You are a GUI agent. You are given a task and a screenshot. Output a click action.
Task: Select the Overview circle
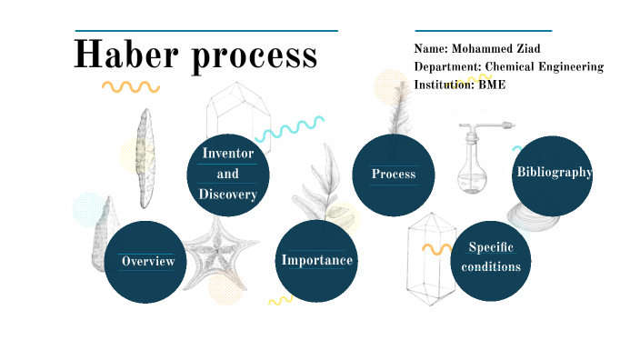[x=147, y=261]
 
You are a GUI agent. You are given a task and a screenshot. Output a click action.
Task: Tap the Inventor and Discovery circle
[x=228, y=174]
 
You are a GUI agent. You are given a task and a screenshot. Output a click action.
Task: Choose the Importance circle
[x=316, y=260]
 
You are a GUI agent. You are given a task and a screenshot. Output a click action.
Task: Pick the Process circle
[x=393, y=174]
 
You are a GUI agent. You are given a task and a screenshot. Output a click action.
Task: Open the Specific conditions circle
[x=491, y=257]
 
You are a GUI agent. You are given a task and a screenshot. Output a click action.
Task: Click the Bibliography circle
[x=553, y=173]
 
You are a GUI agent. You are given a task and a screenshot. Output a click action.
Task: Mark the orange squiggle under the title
[x=130, y=87]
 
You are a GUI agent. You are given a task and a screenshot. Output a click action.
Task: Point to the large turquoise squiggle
[x=291, y=128]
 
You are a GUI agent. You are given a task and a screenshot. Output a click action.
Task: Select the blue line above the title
[x=206, y=31]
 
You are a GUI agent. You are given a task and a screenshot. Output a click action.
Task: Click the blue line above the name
[x=483, y=31]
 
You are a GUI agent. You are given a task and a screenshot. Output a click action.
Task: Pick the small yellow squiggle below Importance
[x=280, y=299]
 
